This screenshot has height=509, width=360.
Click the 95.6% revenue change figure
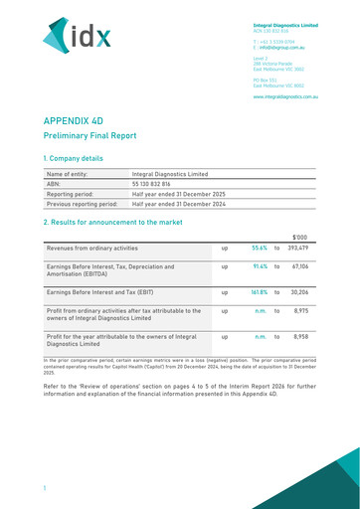[x=260, y=248]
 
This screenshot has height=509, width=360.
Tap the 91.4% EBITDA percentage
[x=261, y=266]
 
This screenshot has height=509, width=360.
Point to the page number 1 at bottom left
[x=45, y=488]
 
